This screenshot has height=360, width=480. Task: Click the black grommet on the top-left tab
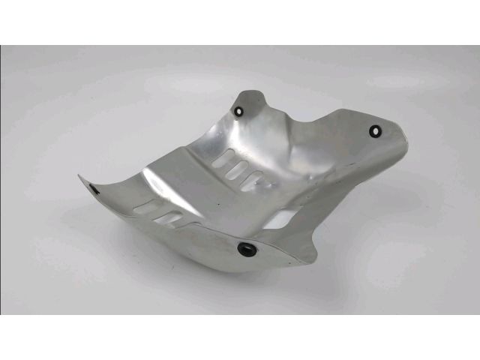pyautogui.click(x=239, y=111)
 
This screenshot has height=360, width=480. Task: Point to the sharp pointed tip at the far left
pyautogui.click(x=79, y=176)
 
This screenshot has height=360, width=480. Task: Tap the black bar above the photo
pyautogui.click(x=240, y=22)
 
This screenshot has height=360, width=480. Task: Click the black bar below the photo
pyautogui.click(x=240, y=337)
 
